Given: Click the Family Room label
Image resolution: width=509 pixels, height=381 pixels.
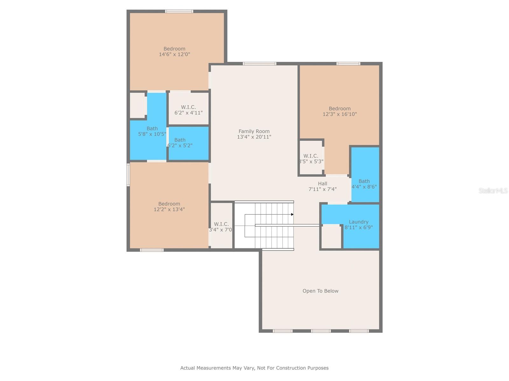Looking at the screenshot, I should click(x=254, y=131).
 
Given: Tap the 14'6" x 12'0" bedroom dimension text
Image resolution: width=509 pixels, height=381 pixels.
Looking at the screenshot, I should click(x=174, y=54).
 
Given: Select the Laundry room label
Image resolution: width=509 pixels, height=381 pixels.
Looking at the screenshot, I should click(x=359, y=222).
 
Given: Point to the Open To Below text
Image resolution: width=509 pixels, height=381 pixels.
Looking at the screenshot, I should click(x=320, y=291).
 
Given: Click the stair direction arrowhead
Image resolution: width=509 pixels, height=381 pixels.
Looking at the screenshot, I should click(x=292, y=214).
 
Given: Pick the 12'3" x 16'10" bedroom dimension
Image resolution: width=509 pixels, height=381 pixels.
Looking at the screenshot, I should click(x=340, y=114).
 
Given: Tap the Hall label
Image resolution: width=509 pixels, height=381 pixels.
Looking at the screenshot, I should click(x=322, y=184).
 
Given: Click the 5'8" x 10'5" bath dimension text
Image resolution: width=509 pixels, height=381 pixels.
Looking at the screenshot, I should click(x=152, y=134).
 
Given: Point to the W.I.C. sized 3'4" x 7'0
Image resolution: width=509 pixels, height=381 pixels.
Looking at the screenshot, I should click(x=221, y=227).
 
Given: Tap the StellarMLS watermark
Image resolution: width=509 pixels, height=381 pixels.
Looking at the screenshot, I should click(x=493, y=190).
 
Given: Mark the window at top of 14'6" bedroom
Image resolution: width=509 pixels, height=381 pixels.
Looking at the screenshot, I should click(x=179, y=11).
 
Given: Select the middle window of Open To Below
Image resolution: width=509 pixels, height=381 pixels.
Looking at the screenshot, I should click(x=321, y=331).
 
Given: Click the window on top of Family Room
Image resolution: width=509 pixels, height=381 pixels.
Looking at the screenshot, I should click(x=260, y=64).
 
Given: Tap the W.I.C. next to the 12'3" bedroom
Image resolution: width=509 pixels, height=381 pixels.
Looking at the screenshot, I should click(x=311, y=158).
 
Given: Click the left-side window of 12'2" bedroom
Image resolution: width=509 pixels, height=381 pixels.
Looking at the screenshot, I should click(x=129, y=174).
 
